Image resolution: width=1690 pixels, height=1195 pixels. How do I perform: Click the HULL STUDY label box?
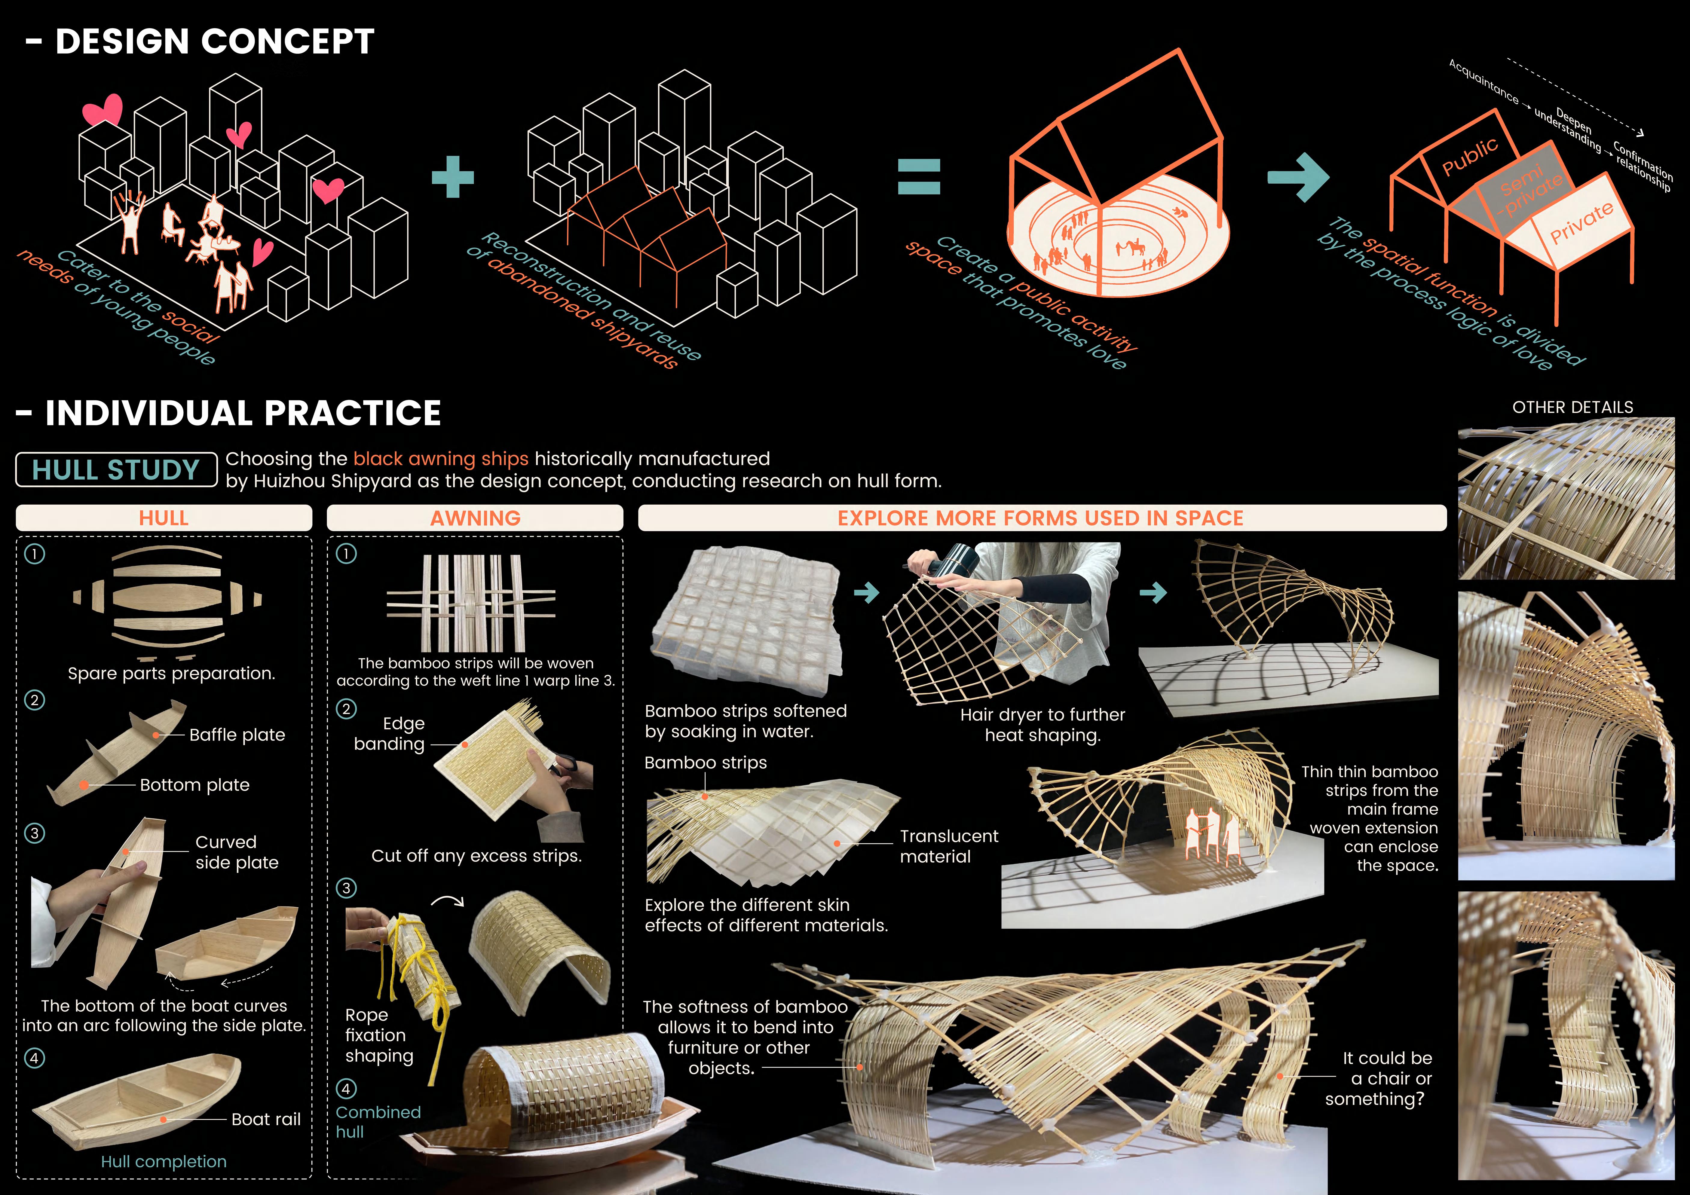116,469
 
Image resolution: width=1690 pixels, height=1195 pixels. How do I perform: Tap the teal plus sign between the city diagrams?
453,177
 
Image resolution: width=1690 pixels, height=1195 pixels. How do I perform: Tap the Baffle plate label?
237,734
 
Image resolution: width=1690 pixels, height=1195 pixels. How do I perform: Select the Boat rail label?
266,1119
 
